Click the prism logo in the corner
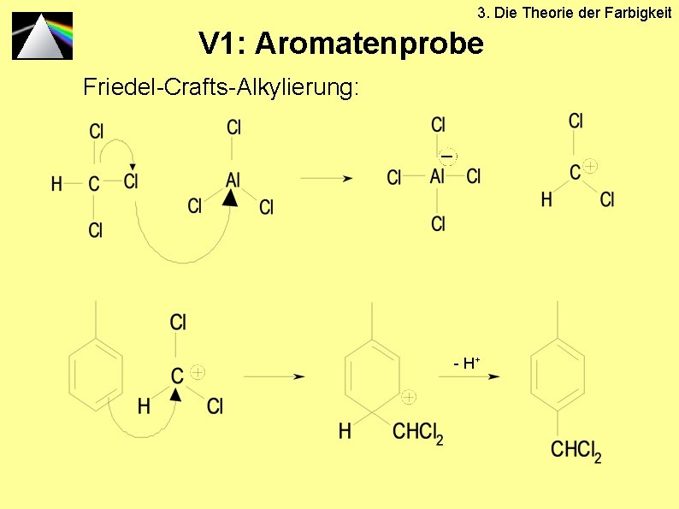(x=42, y=35)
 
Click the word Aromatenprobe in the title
(x=369, y=43)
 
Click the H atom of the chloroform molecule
(x=56, y=183)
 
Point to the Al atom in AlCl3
(x=233, y=180)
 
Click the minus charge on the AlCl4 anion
(x=446, y=156)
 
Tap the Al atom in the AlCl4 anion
(x=437, y=176)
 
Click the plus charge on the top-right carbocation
(x=590, y=165)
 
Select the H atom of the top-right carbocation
(x=546, y=200)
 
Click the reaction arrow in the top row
(x=327, y=178)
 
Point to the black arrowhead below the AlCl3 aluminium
(x=228, y=198)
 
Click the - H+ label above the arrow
(x=466, y=364)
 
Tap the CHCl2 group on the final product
(x=576, y=450)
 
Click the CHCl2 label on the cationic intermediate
(x=417, y=432)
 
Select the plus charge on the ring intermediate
(x=409, y=397)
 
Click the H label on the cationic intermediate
(x=345, y=431)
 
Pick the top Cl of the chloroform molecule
(x=97, y=131)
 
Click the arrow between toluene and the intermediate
(x=275, y=376)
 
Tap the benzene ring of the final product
(x=558, y=376)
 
